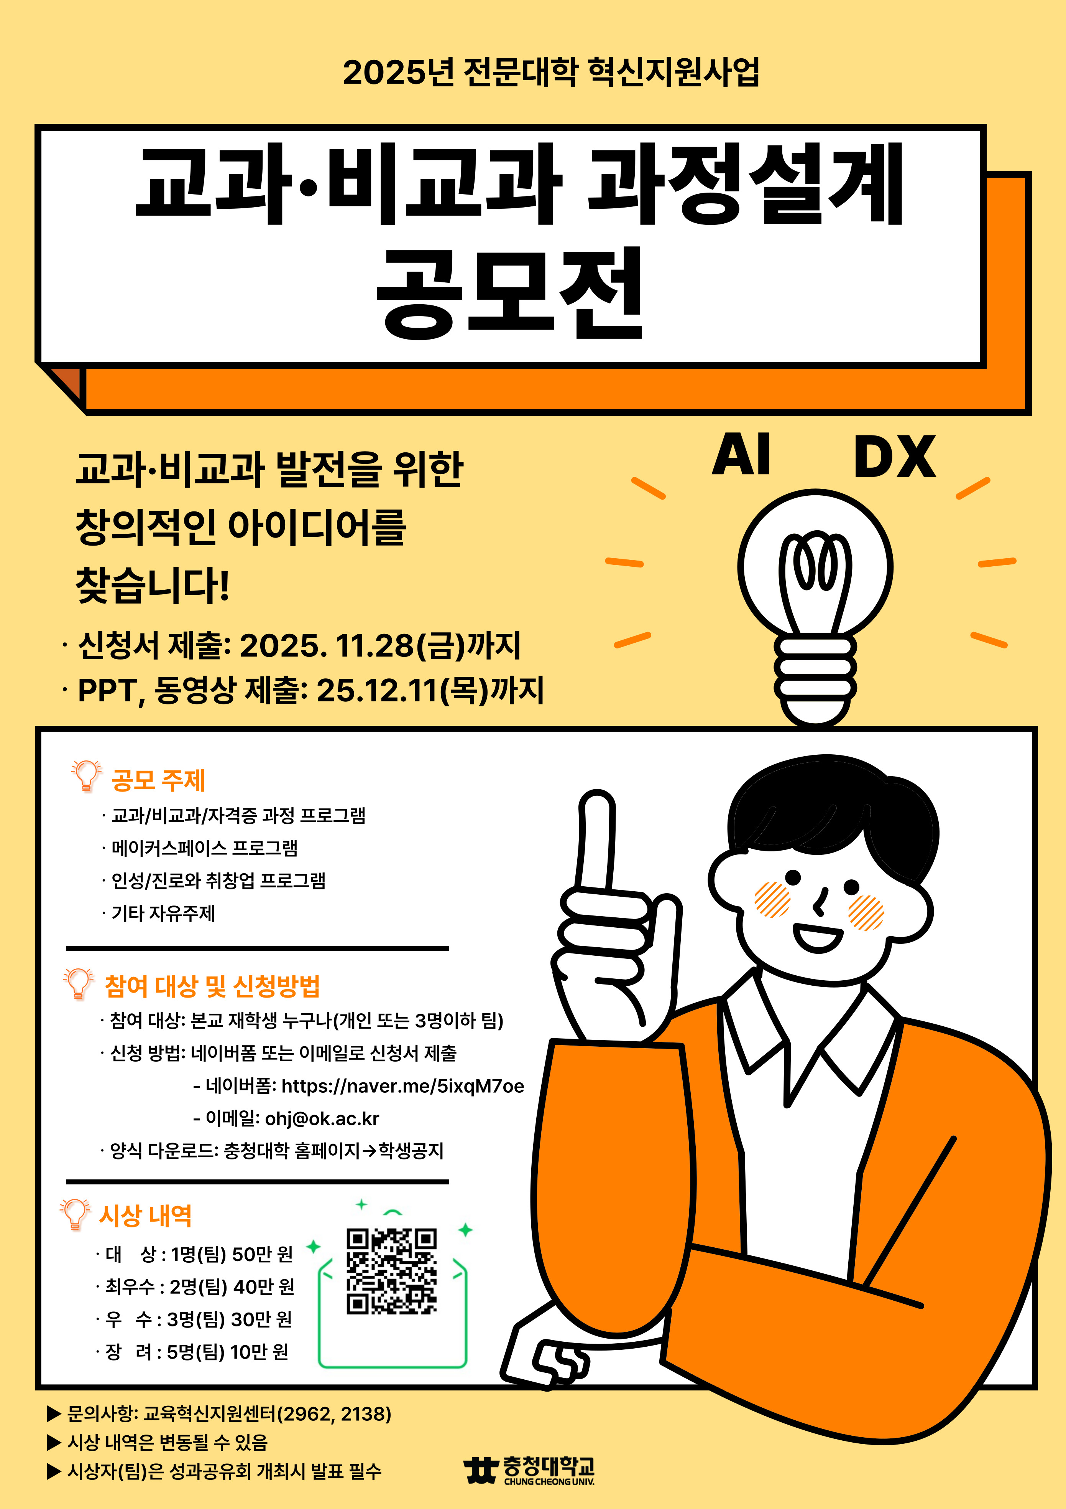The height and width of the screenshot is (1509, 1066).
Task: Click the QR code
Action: pos(391,1271)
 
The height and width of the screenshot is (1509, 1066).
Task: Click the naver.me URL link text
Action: pos(402,1087)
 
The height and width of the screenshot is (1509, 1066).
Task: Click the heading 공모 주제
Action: pos(158,780)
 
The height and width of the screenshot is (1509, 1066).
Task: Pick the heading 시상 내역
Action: pos(145,1216)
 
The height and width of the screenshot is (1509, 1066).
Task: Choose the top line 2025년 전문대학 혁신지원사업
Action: pos(551,72)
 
